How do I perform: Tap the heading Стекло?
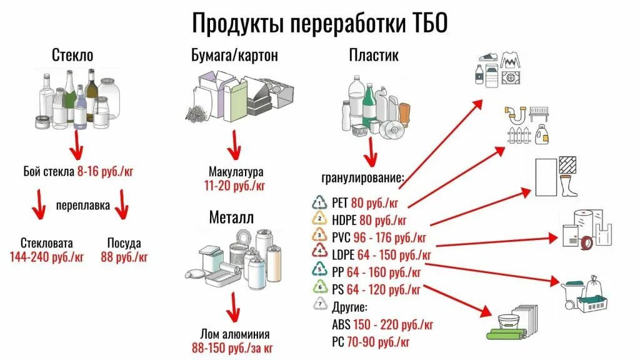pos(72,56)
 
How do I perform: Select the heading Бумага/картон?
pos(234,56)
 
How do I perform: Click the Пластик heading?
pos(373,56)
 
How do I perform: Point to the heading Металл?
pos(231,217)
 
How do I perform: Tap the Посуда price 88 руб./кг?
pos(124,256)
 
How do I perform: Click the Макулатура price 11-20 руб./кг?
pos(235,185)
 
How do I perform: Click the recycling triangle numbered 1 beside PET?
pos(319,202)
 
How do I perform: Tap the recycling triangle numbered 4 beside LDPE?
pos(319,253)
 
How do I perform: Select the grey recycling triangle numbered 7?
pos(319,306)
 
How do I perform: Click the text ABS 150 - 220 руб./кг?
pos(382,324)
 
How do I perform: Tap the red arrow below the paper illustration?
pos(234,146)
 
